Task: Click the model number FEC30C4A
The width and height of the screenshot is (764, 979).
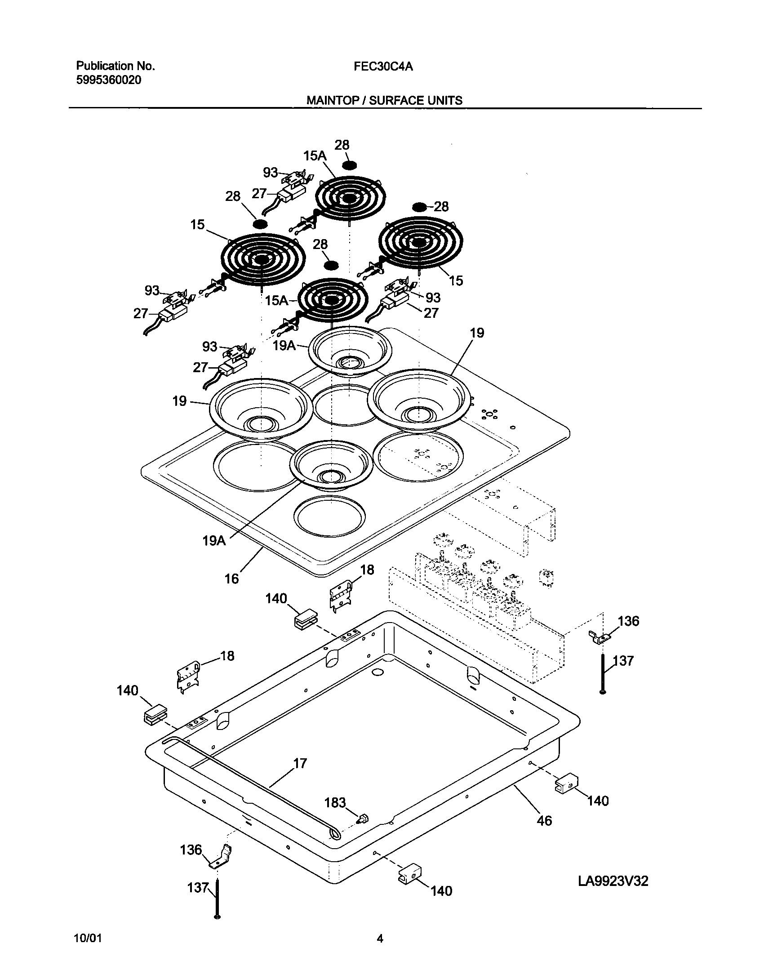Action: pyautogui.click(x=383, y=67)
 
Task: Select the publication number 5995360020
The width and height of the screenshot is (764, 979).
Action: pyautogui.click(x=108, y=80)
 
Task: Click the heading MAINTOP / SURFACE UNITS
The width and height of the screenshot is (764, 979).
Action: pyautogui.click(x=384, y=100)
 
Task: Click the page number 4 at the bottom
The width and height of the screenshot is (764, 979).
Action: pyautogui.click(x=380, y=939)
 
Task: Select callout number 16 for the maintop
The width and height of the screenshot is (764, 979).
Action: pyautogui.click(x=231, y=578)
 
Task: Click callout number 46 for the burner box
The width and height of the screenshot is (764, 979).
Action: pyautogui.click(x=544, y=821)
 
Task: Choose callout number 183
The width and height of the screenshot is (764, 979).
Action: pyautogui.click(x=335, y=802)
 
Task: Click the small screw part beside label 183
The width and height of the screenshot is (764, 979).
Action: pyautogui.click(x=363, y=819)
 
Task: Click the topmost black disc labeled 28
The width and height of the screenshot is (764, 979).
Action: pyautogui.click(x=352, y=165)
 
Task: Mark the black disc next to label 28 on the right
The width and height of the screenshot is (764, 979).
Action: pyautogui.click(x=419, y=207)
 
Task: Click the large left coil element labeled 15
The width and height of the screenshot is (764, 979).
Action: pyautogui.click(x=263, y=259)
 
